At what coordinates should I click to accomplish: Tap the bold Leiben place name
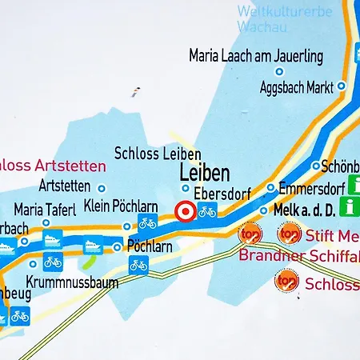(204, 173)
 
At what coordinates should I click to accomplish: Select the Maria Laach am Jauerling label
(255, 56)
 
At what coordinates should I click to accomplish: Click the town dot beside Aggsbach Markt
(341, 86)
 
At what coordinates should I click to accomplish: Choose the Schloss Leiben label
(157, 153)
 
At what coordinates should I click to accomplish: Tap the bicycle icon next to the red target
(208, 212)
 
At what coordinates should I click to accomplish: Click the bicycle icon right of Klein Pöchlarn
(147, 223)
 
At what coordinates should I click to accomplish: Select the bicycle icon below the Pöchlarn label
(138, 265)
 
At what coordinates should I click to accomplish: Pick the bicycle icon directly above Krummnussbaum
(53, 262)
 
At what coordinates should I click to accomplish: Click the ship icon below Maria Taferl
(53, 238)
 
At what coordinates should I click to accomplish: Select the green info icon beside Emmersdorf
(350, 207)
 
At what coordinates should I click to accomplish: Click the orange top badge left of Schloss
(286, 281)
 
